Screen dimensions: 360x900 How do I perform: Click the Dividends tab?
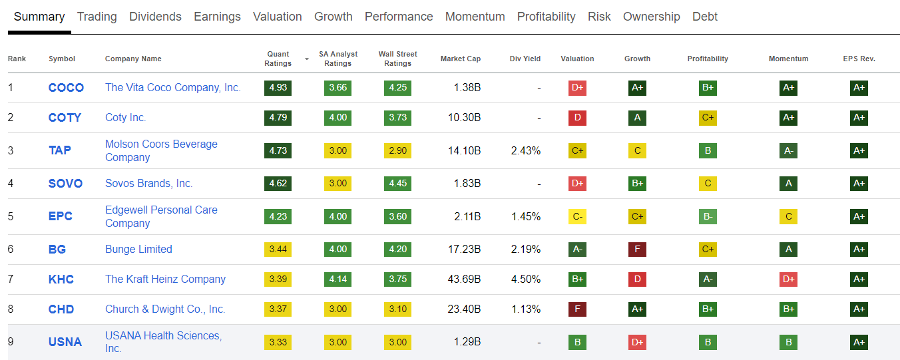pyautogui.click(x=155, y=17)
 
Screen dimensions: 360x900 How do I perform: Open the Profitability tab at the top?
pyautogui.click(x=546, y=17)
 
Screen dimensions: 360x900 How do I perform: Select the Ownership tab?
pyautogui.click(x=651, y=17)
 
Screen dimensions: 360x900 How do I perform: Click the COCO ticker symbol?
pyautogui.click(x=66, y=88)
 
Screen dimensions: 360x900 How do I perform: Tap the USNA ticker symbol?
pyautogui.click(x=65, y=342)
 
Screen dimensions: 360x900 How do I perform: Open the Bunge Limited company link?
pyautogui.click(x=138, y=250)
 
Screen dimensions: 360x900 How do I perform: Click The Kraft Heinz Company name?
pyautogui.click(x=165, y=279)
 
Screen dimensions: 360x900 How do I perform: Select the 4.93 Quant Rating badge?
pyautogui.click(x=278, y=88)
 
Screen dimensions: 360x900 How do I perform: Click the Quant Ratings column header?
pyautogui.click(x=278, y=59)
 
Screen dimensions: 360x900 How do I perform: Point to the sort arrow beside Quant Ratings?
pyautogui.click(x=307, y=59)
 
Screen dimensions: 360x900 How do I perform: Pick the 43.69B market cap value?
pyautogui.click(x=464, y=279)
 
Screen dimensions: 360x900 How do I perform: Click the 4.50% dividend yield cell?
pyautogui.click(x=525, y=279)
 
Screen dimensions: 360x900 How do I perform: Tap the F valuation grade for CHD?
pyautogui.click(x=577, y=309)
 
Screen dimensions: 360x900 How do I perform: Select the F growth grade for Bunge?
pyautogui.click(x=637, y=250)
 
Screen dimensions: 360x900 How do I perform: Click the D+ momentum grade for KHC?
pyautogui.click(x=788, y=279)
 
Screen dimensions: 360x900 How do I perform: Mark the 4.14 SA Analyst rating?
pyautogui.click(x=337, y=279)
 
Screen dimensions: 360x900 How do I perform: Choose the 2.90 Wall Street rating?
pyautogui.click(x=397, y=150)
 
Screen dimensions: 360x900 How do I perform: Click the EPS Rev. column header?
pyautogui.click(x=859, y=59)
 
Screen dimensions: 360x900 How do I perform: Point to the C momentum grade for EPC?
pyautogui.click(x=788, y=216)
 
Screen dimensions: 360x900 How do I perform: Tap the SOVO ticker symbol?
pyautogui.click(x=65, y=184)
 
